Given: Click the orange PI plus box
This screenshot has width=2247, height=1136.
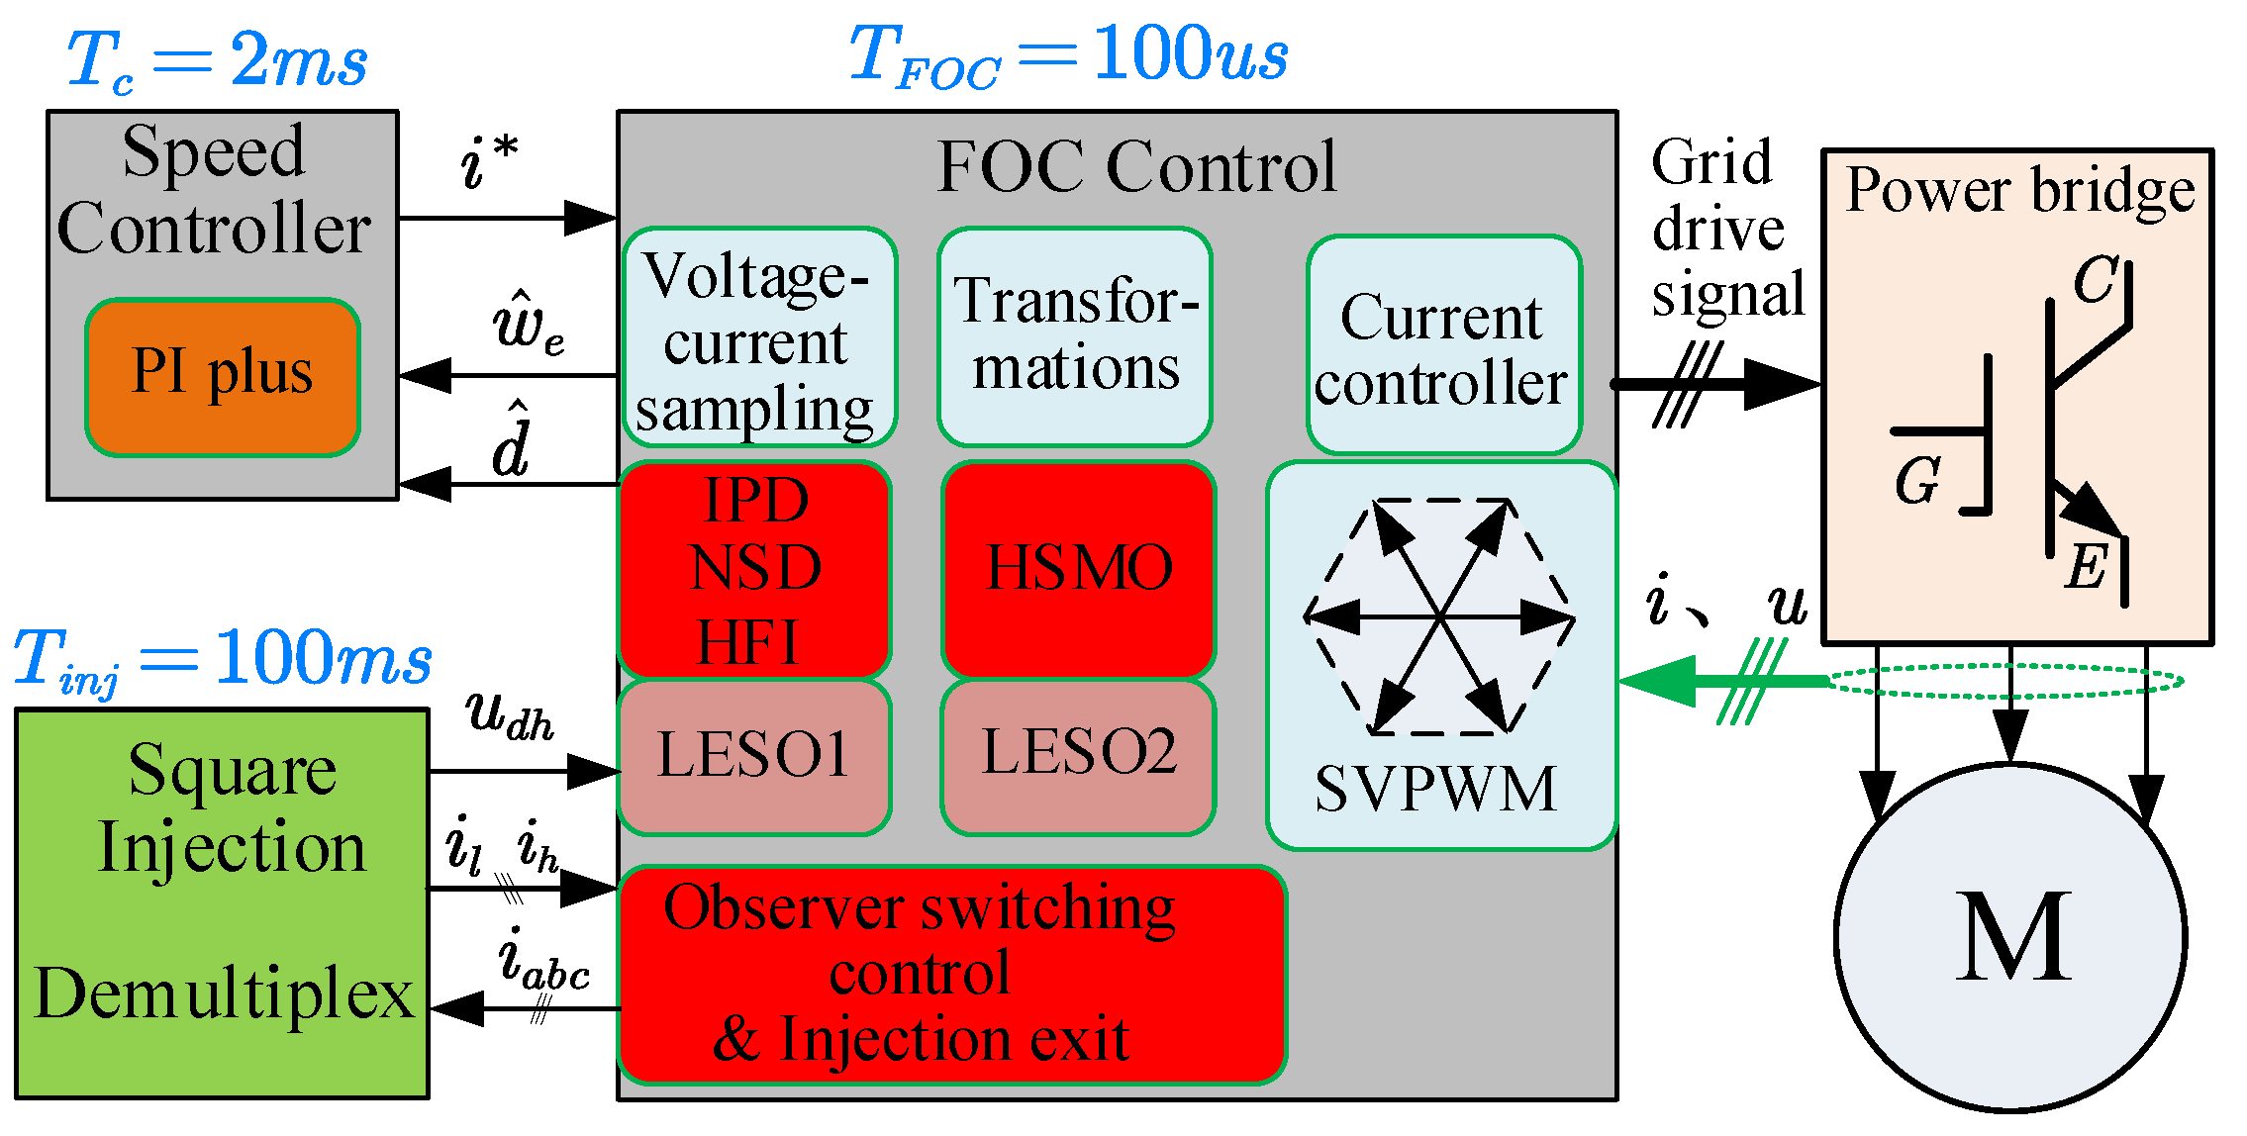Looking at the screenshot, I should (223, 377).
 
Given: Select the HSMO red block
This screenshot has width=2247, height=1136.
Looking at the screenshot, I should (1078, 569).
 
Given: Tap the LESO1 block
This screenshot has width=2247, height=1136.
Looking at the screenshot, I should (754, 756).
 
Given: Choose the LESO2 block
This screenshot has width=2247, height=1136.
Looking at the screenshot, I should (1078, 754).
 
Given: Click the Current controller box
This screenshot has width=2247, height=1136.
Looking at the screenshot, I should (1443, 346).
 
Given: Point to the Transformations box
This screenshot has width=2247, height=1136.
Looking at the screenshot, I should (1075, 336).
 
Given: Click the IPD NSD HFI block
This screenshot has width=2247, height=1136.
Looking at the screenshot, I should (754, 570).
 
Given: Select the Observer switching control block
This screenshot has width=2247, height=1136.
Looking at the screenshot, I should (950, 975).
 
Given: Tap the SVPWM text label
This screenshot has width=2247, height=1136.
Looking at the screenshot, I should (1435, 790).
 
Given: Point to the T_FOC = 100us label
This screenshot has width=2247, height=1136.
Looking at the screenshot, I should (1068, 55).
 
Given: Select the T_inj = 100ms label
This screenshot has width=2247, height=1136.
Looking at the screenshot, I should (223, 659).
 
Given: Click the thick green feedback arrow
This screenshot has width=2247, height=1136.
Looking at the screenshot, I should (1722, 681).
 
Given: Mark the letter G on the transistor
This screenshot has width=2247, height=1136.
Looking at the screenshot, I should (1916, 482).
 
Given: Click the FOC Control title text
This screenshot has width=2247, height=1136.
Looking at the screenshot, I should (1136, 166).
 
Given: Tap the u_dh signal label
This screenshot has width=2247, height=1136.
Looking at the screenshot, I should (509, 714).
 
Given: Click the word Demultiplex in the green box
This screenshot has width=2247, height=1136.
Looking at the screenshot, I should (224, 994).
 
